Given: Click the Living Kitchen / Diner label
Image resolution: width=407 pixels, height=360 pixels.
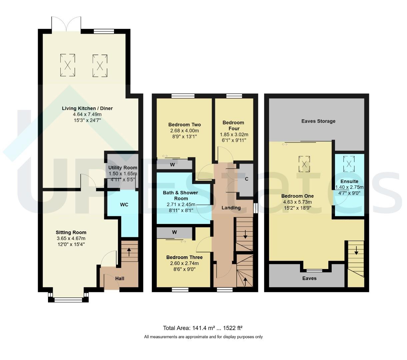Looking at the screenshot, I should [x=87, y=108].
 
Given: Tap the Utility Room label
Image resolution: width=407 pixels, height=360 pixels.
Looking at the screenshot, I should [x=123, y=168].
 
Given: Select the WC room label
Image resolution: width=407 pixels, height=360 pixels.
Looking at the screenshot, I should [x=124, y=204].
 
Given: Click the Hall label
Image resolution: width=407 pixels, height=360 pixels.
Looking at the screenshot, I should [x=120, y=278].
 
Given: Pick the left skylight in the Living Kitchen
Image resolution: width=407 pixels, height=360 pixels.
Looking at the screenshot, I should [x=67, y=65].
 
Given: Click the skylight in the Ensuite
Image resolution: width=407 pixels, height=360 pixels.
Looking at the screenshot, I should [x=349, y=164].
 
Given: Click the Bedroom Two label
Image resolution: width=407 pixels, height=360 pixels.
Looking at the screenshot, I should [x=184, y=125].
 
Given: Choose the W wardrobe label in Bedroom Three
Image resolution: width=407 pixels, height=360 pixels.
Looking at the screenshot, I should [x=174, y=232].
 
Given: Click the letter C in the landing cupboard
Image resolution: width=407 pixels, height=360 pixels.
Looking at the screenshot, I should [x=247, y=179].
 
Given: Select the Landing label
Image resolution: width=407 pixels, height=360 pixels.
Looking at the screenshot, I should [x=231, y=208].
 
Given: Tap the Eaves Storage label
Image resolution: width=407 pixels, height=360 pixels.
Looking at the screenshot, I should [x=318, y=121].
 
